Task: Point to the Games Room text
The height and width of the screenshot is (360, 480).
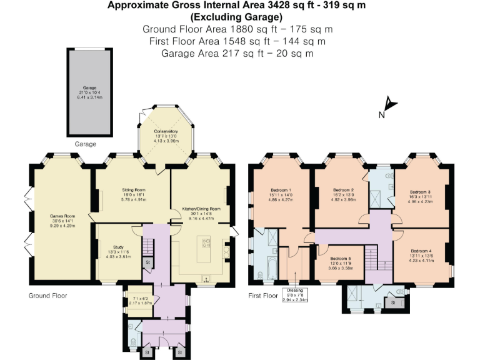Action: point(62,216)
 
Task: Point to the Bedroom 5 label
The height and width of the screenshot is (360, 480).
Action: point(340,259)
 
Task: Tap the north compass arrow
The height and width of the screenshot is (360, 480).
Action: point(389,105)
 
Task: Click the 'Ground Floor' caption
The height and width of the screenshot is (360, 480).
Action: point(48,296)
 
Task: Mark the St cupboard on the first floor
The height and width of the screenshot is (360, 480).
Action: point(393,302)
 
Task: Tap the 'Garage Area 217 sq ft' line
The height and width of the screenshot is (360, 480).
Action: point(237,54)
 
